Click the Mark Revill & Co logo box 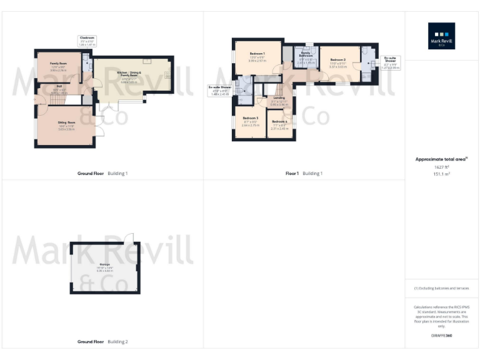click(x=441, y=36)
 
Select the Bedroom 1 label click(x=257, y=54)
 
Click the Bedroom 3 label click(x=250, y=118)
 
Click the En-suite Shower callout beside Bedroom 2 click(x=391, y=61)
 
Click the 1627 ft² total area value click(x=441, y=167)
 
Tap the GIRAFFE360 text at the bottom click(x=441, y=336)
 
